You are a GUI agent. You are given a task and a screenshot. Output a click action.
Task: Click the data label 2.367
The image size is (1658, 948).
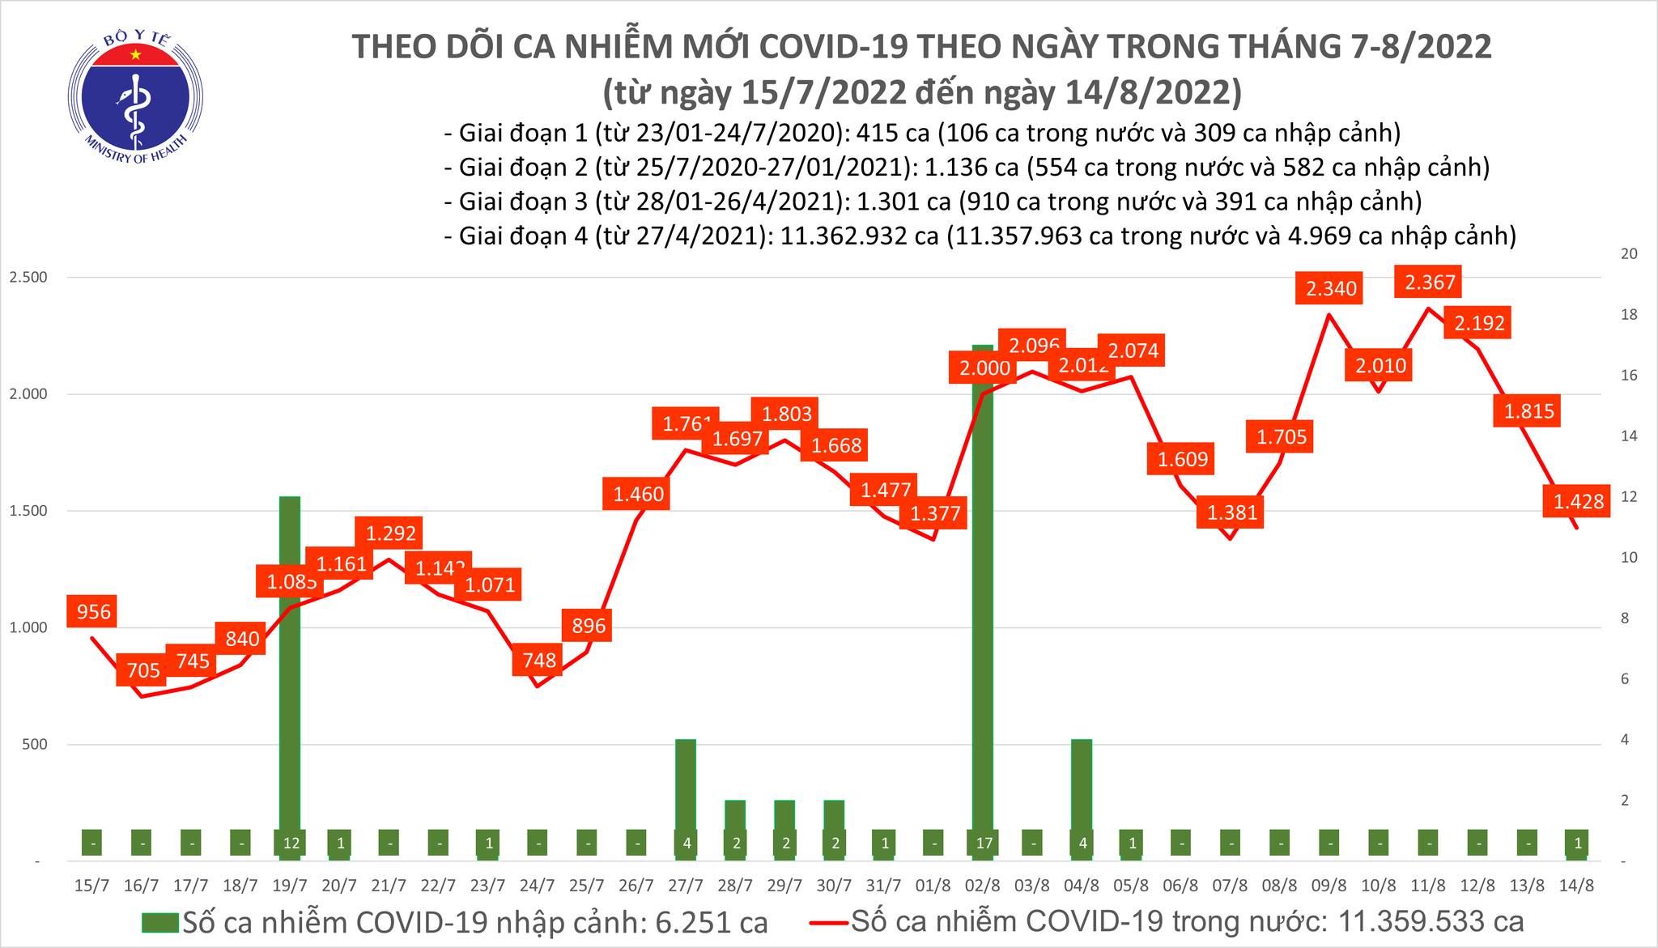pyautogui.click(x=1430, y=283)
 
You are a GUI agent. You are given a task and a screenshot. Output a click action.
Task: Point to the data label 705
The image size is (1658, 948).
pyautogui.click(x=142, y=670)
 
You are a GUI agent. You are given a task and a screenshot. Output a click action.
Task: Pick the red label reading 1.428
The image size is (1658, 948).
pyautogui.click(x=1578, y=502)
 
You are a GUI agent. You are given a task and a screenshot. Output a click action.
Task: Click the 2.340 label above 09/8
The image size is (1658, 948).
pyautogui.click(x=1331, y=288)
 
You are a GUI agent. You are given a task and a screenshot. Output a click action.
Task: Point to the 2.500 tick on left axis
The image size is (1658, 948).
pyautogui.click(x=28, y=278)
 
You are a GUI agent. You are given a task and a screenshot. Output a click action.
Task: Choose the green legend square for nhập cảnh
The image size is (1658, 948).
pyautogui.click(x=160, y=922)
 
